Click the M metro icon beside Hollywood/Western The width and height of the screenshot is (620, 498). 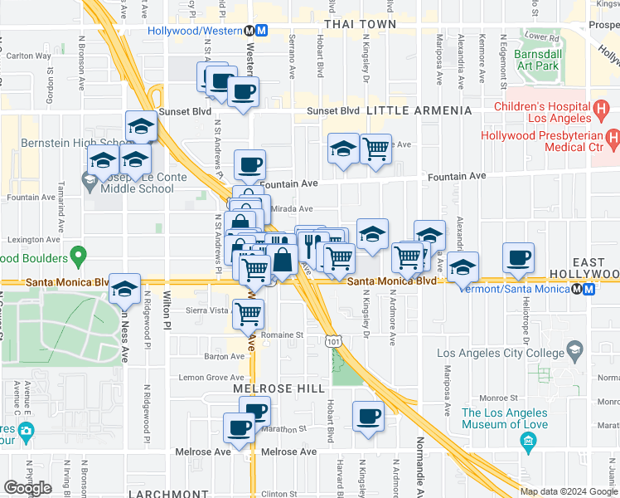(x=261, y=31)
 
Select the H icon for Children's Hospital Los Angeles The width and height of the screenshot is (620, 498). (x=602, y=108)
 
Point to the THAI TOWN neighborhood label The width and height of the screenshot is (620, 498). (x=360, y=24)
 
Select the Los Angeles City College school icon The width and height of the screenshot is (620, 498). (x=574, y=352)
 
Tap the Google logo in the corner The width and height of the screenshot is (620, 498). (x=27, y=488)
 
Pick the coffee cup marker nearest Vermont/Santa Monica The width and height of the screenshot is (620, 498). (x=520, y=259)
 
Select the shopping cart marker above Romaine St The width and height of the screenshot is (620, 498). (x=249, y=314)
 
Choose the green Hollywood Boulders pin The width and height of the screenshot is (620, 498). (x=78, y=254)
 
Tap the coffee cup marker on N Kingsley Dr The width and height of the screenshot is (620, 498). (x=368, y=417)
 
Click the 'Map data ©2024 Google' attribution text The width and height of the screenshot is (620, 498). (x=569, y=491)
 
